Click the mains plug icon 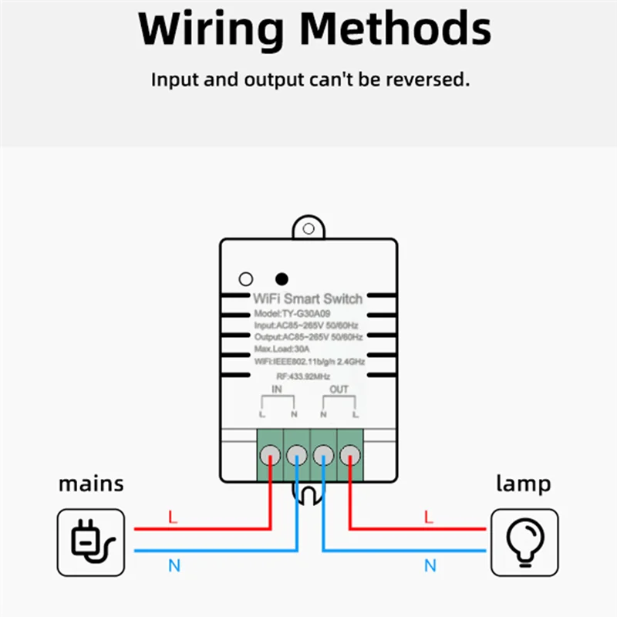pos(91,541)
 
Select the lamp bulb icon pos(524,541)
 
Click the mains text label pos(91,484)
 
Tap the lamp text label pos(523,484)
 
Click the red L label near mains pos(173,518)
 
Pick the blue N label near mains pos(174,566)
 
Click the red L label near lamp pos(430,518)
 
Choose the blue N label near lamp pos(430,566)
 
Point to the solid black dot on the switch pos(282,278)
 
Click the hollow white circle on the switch pos(246,278)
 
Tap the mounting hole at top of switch pos(308,229)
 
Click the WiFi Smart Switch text pos(308,298)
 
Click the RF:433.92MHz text pos(303,376)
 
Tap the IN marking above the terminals pos(277,390)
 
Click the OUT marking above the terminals pos(339,389)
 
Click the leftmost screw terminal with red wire pos(269,454)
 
